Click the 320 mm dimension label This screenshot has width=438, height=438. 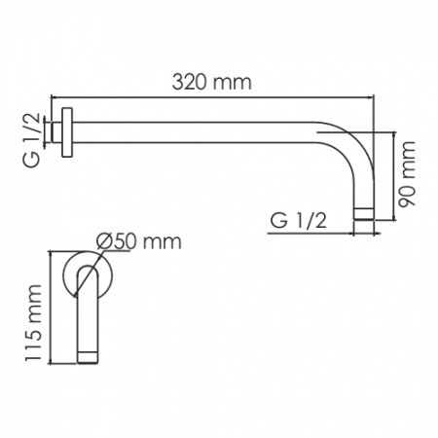click(212, 82)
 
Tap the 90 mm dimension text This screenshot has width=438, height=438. click(407, 174)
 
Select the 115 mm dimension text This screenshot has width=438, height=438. click(33, 323)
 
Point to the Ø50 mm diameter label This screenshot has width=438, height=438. click(139, 241)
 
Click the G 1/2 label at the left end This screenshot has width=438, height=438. click(32, 139)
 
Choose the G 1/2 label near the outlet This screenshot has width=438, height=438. click(298, 221)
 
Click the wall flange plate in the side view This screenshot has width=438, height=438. click(67, 132)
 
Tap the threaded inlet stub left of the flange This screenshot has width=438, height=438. click(56, 132)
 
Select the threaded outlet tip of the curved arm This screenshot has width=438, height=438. click(364, 214)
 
